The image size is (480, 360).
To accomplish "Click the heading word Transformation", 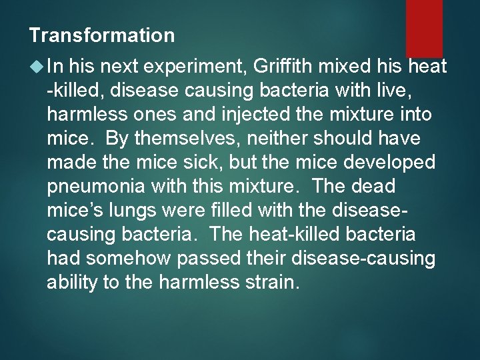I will tap(102, 35).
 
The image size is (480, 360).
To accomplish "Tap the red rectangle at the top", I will tap(424, 27).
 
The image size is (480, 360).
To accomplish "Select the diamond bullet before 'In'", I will tap(36, 65).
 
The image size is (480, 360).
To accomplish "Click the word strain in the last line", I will tap(273, 282).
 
